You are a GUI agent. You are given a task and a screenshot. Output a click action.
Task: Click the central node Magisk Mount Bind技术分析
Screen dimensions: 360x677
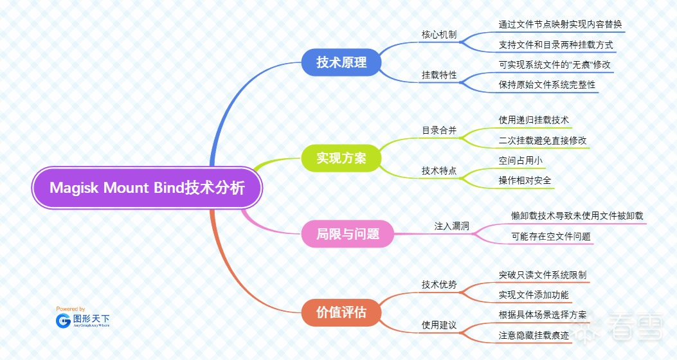(147, 188)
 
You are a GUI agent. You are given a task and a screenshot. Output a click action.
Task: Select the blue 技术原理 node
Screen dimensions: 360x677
(341, 62)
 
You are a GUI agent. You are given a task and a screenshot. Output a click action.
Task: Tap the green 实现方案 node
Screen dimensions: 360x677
(341, 157)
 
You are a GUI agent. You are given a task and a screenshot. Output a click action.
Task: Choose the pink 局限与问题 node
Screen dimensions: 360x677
(348, 234)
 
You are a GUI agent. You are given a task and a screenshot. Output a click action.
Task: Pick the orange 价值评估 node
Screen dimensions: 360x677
(341, 312)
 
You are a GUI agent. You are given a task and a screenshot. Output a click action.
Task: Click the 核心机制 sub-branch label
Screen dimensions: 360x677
(439, 34)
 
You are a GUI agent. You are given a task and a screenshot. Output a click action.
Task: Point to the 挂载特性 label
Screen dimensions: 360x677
(439, 75)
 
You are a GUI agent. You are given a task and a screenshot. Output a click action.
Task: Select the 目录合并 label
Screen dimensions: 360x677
(439, 130)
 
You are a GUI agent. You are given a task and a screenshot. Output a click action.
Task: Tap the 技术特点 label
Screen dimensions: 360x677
(439, 170)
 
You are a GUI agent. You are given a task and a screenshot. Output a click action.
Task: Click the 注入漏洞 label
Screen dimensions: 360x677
(452, 226)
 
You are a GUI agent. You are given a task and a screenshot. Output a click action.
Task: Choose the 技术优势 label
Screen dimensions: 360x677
(439, 284)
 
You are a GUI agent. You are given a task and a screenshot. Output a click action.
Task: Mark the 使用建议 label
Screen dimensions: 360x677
(439, 325)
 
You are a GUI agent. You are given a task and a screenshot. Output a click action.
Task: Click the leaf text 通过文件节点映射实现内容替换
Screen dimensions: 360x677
(560, 24)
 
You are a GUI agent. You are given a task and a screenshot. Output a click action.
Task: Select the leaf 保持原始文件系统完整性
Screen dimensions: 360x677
(547, 84)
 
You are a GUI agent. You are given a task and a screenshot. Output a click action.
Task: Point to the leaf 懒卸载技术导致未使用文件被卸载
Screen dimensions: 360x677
(577, 216)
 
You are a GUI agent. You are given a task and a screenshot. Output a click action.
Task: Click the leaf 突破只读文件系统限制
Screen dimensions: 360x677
(543, 274)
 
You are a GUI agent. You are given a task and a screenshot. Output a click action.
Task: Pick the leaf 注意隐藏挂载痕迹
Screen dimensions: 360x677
(534, 335)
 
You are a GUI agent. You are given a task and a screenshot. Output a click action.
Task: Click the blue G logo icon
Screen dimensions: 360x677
(63, 320)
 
